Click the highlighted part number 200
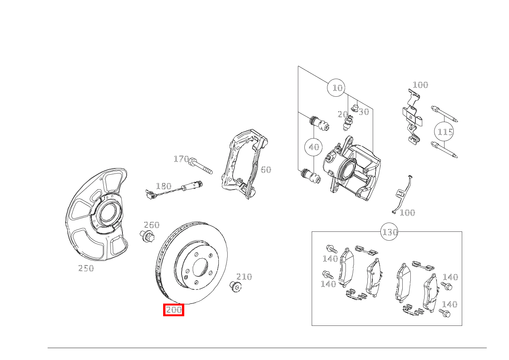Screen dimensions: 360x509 [174, 310]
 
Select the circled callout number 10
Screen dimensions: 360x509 [337, 88]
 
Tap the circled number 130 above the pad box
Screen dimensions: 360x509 [390, 232]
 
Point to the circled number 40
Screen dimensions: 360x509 [314, 147]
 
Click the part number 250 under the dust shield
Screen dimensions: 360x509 [86, 269]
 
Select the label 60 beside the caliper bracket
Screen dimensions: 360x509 [266, 170]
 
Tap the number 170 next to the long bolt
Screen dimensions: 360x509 [181, 159]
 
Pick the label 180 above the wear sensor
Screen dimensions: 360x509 [164, 187]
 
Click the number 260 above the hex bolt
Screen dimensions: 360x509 [151, 225]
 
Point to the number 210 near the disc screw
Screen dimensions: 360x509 [244, 277]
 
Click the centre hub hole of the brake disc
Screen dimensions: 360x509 [200, 267]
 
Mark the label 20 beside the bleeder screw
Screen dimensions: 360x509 [342, 114]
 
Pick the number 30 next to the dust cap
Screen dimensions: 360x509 [364, 112]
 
